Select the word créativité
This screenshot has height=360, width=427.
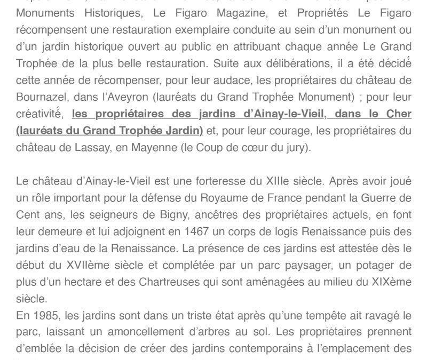pyautogui.click(x=39, y=115)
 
